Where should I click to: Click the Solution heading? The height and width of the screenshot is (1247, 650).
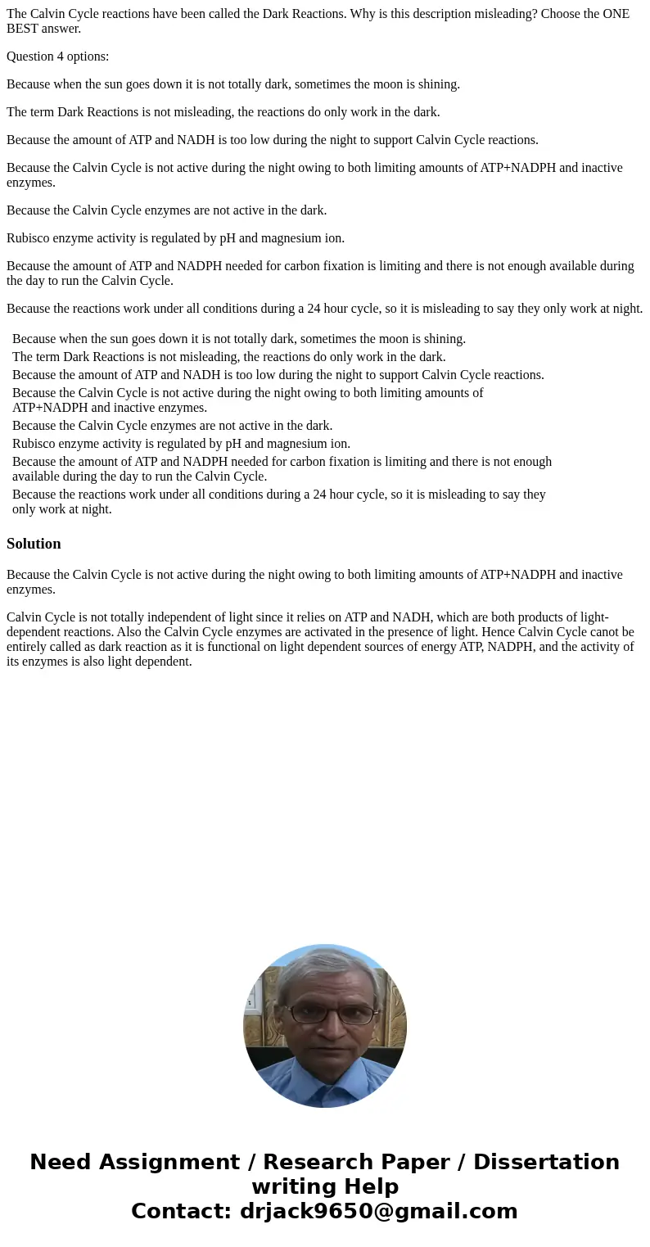(34, 544)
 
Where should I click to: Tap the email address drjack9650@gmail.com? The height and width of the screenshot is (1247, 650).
(378, 1211)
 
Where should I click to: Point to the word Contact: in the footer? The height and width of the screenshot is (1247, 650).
(182, 1211)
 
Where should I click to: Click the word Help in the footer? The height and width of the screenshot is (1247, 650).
(367, 1186)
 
